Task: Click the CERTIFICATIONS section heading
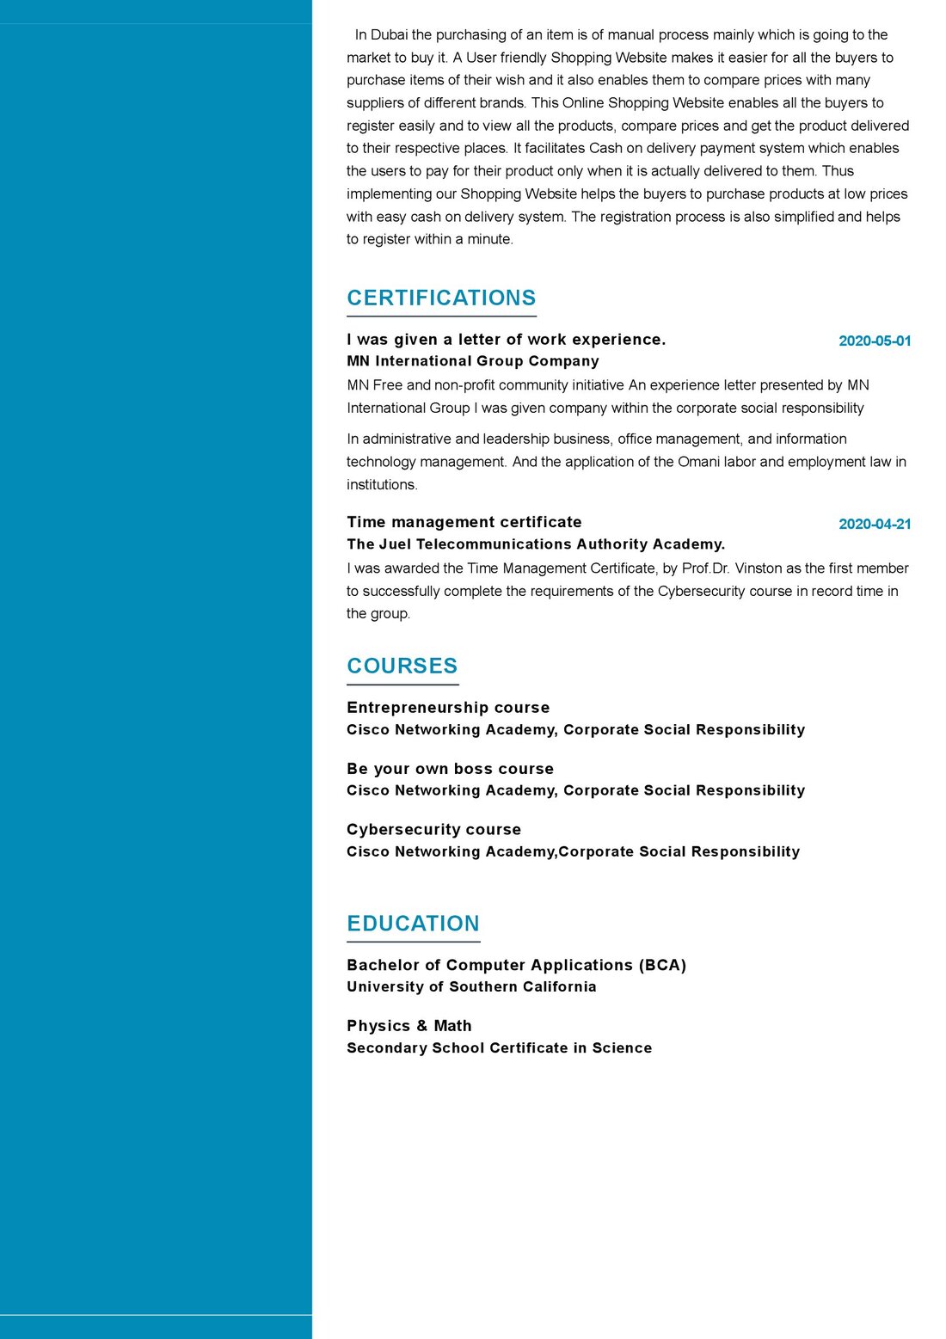pyautogui.click(x=441, y=298)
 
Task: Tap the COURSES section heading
pyautogui.click(x=402, y=666)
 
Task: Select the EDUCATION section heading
pyautogui.click(x=413, y=923)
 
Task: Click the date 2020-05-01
pyautogui.click(x=874, y=341)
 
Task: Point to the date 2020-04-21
pyautogui.click(x=874, y=524)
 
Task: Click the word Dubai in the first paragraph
pyautogui.click(x=389, y=34)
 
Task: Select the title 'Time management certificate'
pyautogui.click(x=464, y=522)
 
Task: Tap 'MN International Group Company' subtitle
pyautogui.click(x=472, y=361)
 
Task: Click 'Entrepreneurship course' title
pyautogui.click(x=447, y=707)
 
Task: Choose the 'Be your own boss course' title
pyautogui.click(x=450, y=768)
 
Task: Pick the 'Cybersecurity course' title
pyautogui.click(x=433, y=829)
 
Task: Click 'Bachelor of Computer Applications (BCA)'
pyautogui.click(x=516, y=965)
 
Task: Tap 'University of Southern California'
pyautogui.click(x=471, y=986)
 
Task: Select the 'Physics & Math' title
pyautogui.click(x=408, y=1025)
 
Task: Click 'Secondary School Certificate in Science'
pyautogui.click(x=499, y=1047)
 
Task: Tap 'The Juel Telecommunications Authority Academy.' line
pyautogui.click(x=536, y=544)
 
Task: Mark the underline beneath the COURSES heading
pyautogui.click(x=402, y=685)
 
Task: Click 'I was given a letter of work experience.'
pyautogui.click(x=506, y=339)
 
